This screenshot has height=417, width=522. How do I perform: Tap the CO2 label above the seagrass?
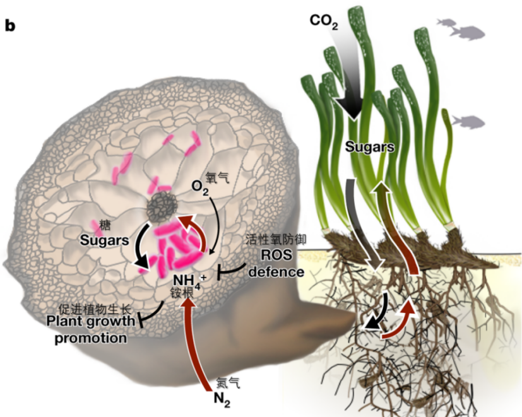coord(323,22)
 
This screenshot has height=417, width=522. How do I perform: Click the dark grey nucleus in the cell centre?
coord(163,206)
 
